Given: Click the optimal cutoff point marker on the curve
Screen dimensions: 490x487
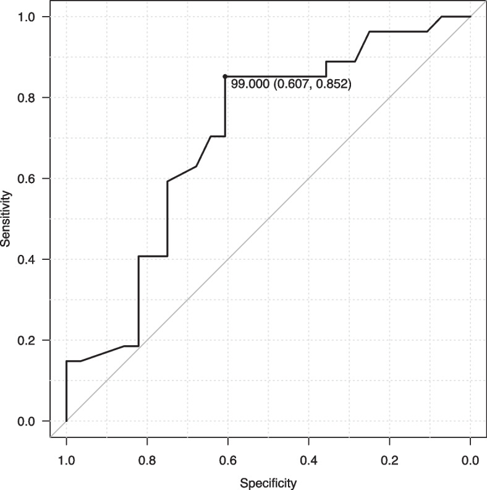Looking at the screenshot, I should tap(225, 76).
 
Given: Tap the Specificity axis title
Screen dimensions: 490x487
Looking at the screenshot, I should tap(268, 482).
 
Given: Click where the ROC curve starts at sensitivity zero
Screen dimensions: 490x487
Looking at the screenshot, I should tap(66, 421).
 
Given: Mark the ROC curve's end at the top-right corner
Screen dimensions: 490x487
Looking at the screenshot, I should tap(470, 17).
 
